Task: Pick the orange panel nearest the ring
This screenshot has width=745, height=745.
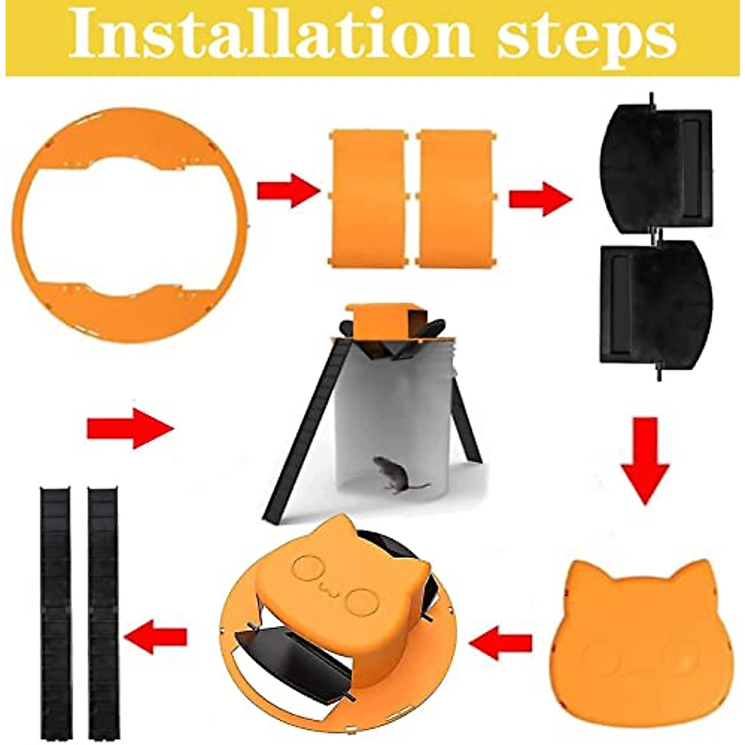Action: coord(368,199)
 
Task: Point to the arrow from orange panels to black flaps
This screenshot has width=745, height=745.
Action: coord(539,199)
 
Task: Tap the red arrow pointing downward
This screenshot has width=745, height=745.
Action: coord(646,459)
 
